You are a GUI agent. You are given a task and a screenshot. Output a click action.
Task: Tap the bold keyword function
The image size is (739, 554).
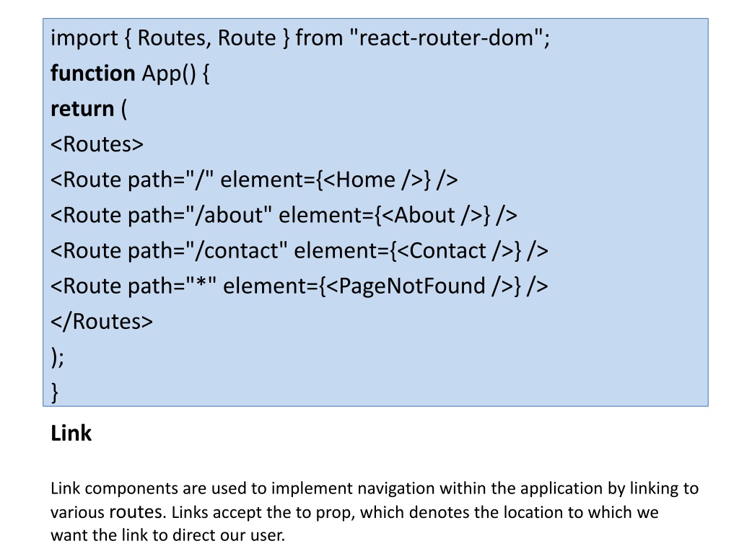[92, 73]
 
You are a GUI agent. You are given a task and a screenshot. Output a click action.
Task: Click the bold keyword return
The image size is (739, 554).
[82, 108]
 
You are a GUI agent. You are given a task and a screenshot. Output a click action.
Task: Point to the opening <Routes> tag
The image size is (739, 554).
[97, 144]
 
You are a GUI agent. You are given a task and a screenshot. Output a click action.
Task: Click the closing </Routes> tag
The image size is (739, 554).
[102, 321]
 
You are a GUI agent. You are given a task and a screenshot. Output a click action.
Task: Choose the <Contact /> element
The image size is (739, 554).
[455, 250]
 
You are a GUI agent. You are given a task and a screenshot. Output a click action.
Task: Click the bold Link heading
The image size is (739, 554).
[71, 434]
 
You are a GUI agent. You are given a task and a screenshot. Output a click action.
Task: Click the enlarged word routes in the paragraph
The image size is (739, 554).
[136, 512]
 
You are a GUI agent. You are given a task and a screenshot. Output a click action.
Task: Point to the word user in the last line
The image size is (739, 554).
[268, 536]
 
